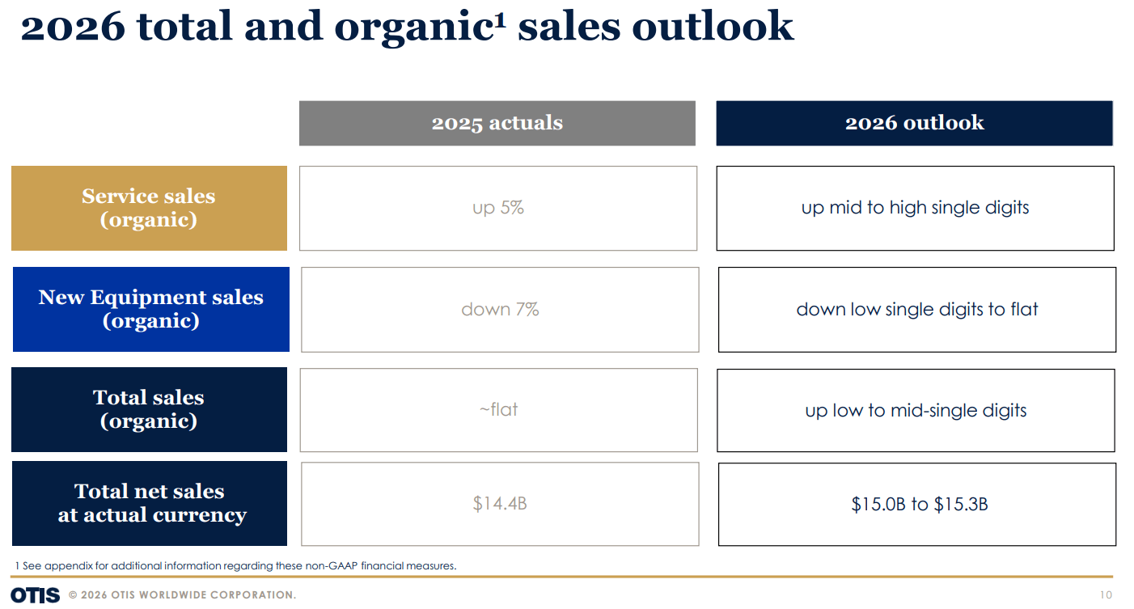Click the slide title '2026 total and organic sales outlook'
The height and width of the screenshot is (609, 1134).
tap(407, 26)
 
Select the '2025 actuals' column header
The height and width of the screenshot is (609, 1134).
tap(497, 123)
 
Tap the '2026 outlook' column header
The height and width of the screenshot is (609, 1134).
tap(914, 123)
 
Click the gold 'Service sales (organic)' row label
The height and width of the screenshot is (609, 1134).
tap(149, 208)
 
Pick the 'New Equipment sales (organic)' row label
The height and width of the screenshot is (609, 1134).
tap(151, 309)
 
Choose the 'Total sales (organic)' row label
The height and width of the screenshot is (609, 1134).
tap(149, 409)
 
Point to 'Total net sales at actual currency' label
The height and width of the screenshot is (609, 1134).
tap(150, 503)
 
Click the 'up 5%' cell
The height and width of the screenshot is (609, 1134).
tap(498, 208)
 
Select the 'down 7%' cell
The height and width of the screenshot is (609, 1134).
tap(500, 309)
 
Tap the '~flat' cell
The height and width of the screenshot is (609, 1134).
tap(498, 409)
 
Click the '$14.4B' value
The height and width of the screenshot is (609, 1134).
tap(500, 504)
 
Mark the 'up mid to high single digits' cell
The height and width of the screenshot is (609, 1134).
tap(915, 208)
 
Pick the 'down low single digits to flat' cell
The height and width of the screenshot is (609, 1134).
tap(917, 309)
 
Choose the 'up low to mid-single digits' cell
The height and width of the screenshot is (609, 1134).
tap(916, 410)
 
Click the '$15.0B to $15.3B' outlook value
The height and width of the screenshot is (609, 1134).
tap(919, 505)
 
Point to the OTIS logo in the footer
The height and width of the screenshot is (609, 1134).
tap(35, 595)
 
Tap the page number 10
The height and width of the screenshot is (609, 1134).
tap(1106, 595)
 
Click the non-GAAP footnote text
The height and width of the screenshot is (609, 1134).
tap(235, 565)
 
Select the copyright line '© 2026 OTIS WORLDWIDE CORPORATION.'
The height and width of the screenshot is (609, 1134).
tap(182, 595)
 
